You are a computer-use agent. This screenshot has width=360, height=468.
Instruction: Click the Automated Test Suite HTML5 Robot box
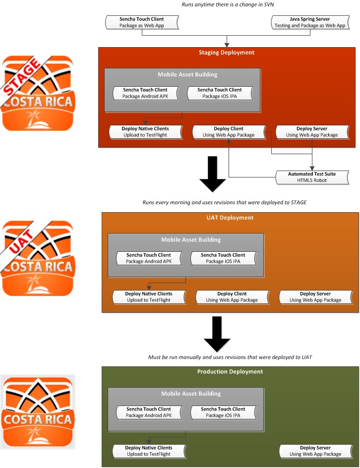[312, 177]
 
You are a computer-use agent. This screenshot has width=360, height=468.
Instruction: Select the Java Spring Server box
[310, 22]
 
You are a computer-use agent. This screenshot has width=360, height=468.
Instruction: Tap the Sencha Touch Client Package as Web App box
[142, 22]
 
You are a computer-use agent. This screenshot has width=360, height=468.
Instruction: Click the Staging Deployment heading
[227, 53]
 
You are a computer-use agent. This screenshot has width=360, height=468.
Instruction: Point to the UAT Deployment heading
[230, 218]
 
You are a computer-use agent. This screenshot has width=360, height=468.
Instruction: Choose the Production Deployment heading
[230, 372]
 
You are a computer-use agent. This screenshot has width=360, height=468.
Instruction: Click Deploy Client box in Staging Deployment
[229, 132]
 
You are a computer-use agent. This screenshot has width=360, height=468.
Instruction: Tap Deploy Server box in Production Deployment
[315, 451]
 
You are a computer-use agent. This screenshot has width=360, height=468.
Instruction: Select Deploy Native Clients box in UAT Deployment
[149, 297]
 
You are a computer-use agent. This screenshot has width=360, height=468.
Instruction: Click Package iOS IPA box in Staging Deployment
[220, 93]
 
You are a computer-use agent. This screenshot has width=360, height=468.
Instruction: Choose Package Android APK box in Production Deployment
[149, 412]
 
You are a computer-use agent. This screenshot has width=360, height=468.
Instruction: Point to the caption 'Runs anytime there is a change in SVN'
[228, 4]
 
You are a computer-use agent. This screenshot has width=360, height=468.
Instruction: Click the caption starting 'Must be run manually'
[230, 357]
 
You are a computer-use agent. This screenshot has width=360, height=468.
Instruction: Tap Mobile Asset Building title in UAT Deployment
[191, 239]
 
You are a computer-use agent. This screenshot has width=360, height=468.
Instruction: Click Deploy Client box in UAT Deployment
[232, 297]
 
